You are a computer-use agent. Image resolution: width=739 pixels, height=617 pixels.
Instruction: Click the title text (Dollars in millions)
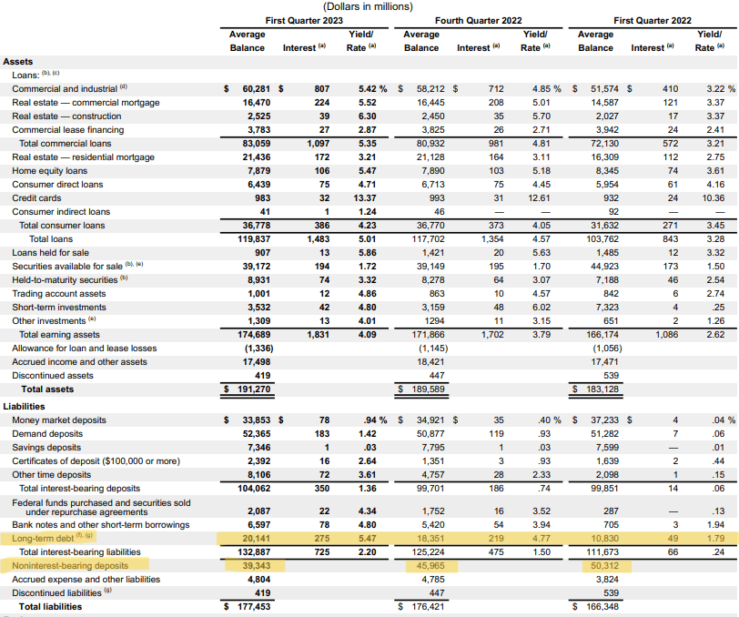(369, 6)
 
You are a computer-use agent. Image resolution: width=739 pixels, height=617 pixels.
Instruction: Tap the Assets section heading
(18, 62)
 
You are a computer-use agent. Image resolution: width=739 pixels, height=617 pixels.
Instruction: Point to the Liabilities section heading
(25, 407)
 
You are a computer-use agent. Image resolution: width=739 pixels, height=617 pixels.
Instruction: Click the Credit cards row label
(37, 197)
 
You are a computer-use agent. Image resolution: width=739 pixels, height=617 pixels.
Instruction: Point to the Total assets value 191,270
(248, 389)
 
